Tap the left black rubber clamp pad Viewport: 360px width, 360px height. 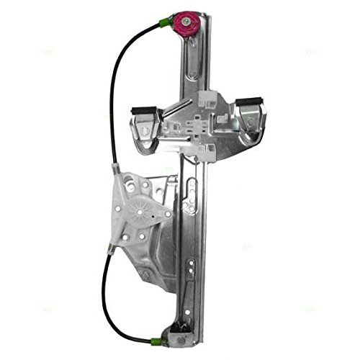coord(141,110)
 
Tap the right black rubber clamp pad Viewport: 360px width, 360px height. coord(251,102)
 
